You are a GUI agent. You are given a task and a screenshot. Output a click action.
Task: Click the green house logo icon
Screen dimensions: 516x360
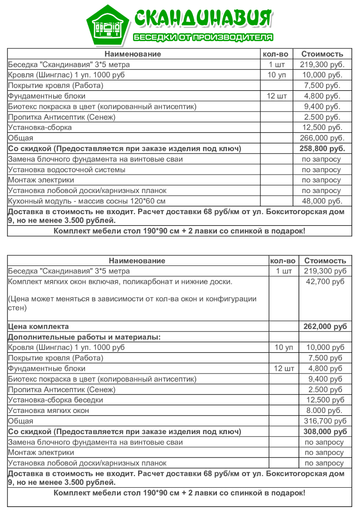pyautogui.click(x=108, y=26)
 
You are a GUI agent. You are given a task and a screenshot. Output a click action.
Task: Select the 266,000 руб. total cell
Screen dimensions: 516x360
pyautogui.click(x=322, y=138)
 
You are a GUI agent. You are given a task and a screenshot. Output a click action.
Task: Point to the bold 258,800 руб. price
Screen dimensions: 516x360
pyautogui.click(x=322, y=148)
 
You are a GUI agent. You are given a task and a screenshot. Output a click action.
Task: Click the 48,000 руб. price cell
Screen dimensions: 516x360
pyautogui.click(x=322, y=201)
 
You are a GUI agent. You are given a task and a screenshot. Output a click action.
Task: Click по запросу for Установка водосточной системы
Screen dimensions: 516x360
pyautogui.click(x=321, y=170)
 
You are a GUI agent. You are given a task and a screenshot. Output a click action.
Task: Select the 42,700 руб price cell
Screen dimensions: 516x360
pyautogui.click(x=325, y=282)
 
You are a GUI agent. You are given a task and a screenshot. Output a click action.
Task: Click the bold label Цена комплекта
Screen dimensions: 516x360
pyautogui.click(x=38, y=327)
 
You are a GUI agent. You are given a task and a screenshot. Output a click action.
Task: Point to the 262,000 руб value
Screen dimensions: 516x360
pyautogui.click(x=325, y=327)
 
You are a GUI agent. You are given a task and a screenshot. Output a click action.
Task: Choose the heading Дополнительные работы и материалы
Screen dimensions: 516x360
pyautogui.click(x=84, y=337)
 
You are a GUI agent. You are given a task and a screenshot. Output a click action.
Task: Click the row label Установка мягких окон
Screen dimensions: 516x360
pyautogui.click(x=49, y=410)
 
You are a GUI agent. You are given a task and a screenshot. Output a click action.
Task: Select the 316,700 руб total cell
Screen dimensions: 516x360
pyautogui.click(x=325, y=421)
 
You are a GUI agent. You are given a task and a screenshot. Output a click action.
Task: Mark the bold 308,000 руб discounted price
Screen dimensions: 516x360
pyautogui.click(x=325, y=431)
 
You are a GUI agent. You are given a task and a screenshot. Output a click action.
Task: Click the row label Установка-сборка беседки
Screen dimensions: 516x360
pyautogui.click(x=55, y=400)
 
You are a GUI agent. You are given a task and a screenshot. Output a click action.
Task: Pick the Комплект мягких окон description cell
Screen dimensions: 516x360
pyautogui.click(x=120, y=282)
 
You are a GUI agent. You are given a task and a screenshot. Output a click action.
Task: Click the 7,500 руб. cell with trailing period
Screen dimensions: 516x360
pyautogui.click(x=322, y=85)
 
